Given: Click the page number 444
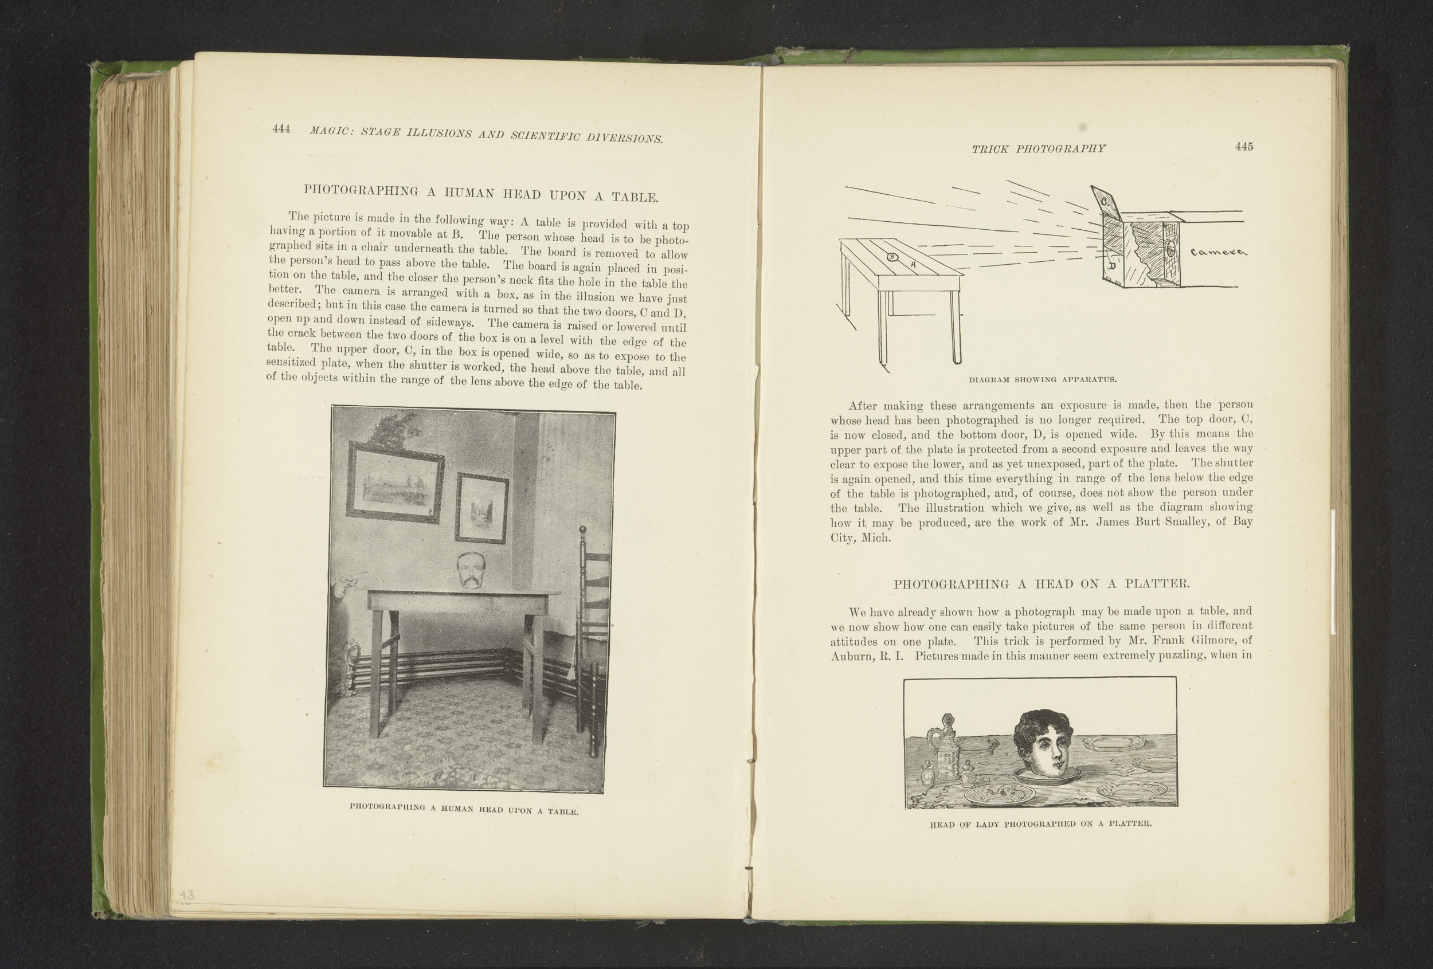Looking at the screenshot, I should [x=281, y=129].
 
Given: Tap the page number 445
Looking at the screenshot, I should [x=1244, y=147].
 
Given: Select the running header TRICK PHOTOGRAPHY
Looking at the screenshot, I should [x=1039, y=148].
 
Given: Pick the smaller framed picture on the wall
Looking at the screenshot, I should [x=481, y=507].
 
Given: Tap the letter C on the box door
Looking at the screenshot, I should [x=1104, y=201].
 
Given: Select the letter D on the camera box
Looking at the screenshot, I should [x=1113, y=267].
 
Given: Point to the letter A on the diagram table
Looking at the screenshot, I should [x=913, y=264].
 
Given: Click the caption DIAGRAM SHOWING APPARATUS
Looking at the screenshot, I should [x=1043, y=379].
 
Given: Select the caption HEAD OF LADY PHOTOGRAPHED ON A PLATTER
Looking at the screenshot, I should [x=1040, y=824].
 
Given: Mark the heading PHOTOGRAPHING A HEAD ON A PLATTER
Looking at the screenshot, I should [x=1042, y=584].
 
